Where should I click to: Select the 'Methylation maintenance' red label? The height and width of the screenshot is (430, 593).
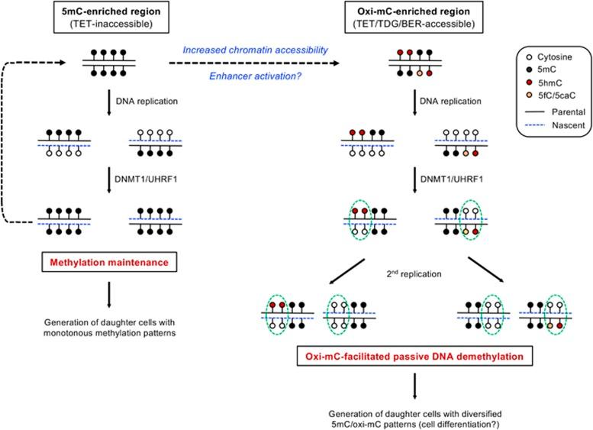tap(103, 263)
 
